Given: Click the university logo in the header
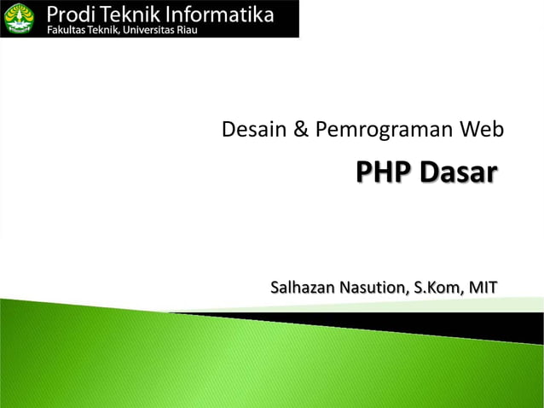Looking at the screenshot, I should tap(18, 18).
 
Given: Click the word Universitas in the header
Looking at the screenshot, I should tap(149, 30).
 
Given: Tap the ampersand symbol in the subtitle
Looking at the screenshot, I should tap(301, 130).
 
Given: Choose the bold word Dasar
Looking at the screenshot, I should tap(457, 172).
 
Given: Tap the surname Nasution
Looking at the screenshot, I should tap(376, 287).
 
